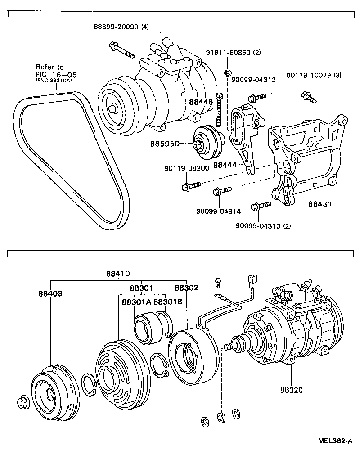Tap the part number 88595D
(165, 144)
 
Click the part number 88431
(320, 204)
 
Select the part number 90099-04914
(219, 211)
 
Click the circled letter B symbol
(228, 73)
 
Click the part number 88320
(292, 390)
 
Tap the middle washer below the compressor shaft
(220, 417)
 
